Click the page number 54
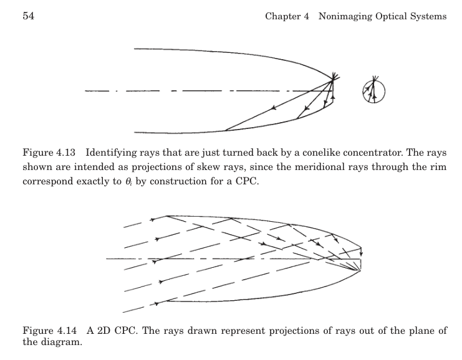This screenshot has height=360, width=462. coord(28,16)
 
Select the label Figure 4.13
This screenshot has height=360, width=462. coord(49,153)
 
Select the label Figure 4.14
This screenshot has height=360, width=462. coord(49,331)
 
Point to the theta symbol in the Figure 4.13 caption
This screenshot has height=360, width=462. coord(128,181)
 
